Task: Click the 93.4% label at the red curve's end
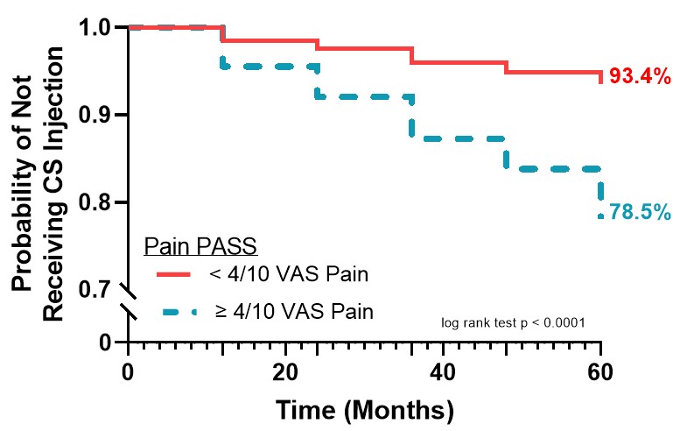click(640, 76)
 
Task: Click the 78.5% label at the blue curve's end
click(641, 212)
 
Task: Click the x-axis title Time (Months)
click(365, 409)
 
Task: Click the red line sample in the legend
click(179, 275)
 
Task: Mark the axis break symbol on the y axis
click(130, 302)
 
